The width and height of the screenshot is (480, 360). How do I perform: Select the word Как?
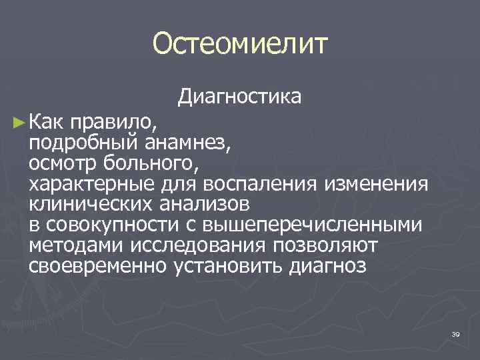coord(46,121)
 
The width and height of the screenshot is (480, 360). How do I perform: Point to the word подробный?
coord(81,143)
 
